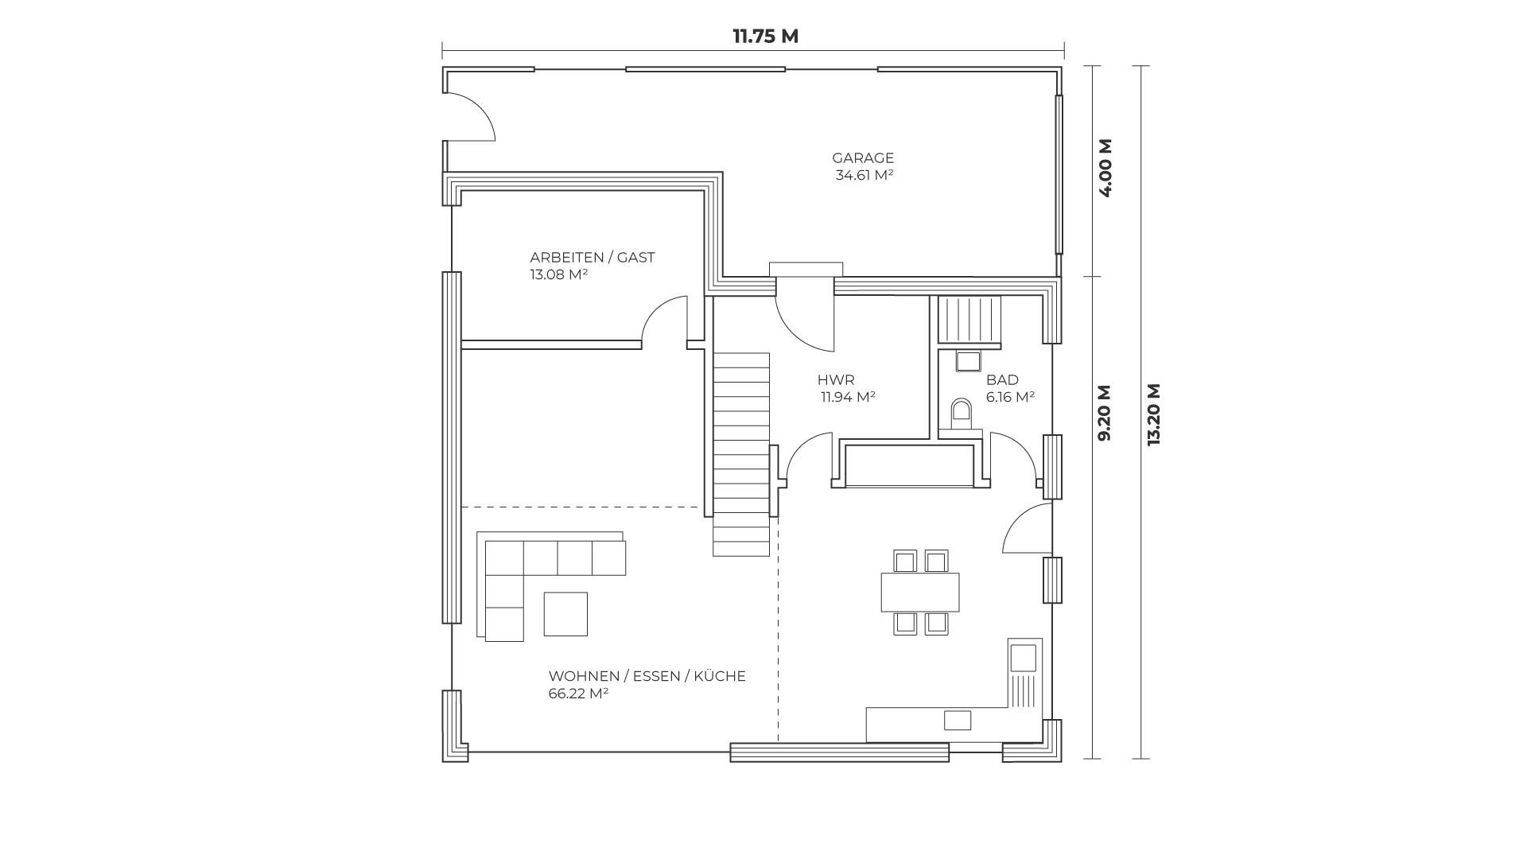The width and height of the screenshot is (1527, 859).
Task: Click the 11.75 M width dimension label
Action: click(765, 37)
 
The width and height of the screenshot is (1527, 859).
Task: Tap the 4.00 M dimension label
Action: click(1105, 168)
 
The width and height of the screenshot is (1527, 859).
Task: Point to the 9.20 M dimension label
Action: click(1105, 413)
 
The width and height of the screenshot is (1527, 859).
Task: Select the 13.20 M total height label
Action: click(1155, 414)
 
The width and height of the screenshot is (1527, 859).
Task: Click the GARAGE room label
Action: click(863, 157)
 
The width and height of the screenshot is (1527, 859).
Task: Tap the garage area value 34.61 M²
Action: click(864, 175)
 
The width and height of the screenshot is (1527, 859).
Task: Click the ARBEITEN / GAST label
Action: click(593, 258)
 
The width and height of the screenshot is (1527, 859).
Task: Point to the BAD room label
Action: click(1002, 380)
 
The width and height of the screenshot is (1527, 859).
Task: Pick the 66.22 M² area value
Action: click(578, 694)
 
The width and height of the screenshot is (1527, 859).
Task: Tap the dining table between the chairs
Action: click(920, 592)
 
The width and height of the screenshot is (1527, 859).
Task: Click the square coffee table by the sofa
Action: click(565, 614)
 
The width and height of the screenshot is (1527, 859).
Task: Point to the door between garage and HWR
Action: click(805, 314)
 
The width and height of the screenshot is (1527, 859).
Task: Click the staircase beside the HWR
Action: click(741, 454)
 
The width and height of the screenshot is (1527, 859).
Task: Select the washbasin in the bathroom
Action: click(969, 361)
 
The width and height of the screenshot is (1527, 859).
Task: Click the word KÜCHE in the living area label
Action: click(720, 676)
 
